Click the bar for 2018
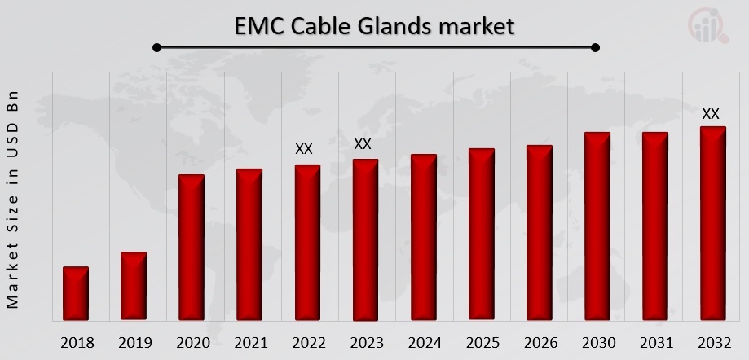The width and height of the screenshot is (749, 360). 75,293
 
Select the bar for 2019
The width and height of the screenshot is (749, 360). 134,286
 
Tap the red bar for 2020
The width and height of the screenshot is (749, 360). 192,247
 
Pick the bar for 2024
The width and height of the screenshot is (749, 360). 423,237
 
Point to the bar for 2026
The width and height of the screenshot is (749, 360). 539,232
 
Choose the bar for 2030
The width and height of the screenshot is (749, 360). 597,226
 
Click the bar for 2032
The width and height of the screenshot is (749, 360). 712,222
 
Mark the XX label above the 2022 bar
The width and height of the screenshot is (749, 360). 304,149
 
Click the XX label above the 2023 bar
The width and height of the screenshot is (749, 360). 363,144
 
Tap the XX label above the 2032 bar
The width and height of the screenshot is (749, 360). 711,114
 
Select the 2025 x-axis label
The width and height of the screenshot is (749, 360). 481,342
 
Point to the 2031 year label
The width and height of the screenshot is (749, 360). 654,342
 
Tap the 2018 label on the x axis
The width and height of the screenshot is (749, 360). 76,342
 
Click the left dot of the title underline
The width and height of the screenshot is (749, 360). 156,48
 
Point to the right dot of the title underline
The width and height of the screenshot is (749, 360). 595,48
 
